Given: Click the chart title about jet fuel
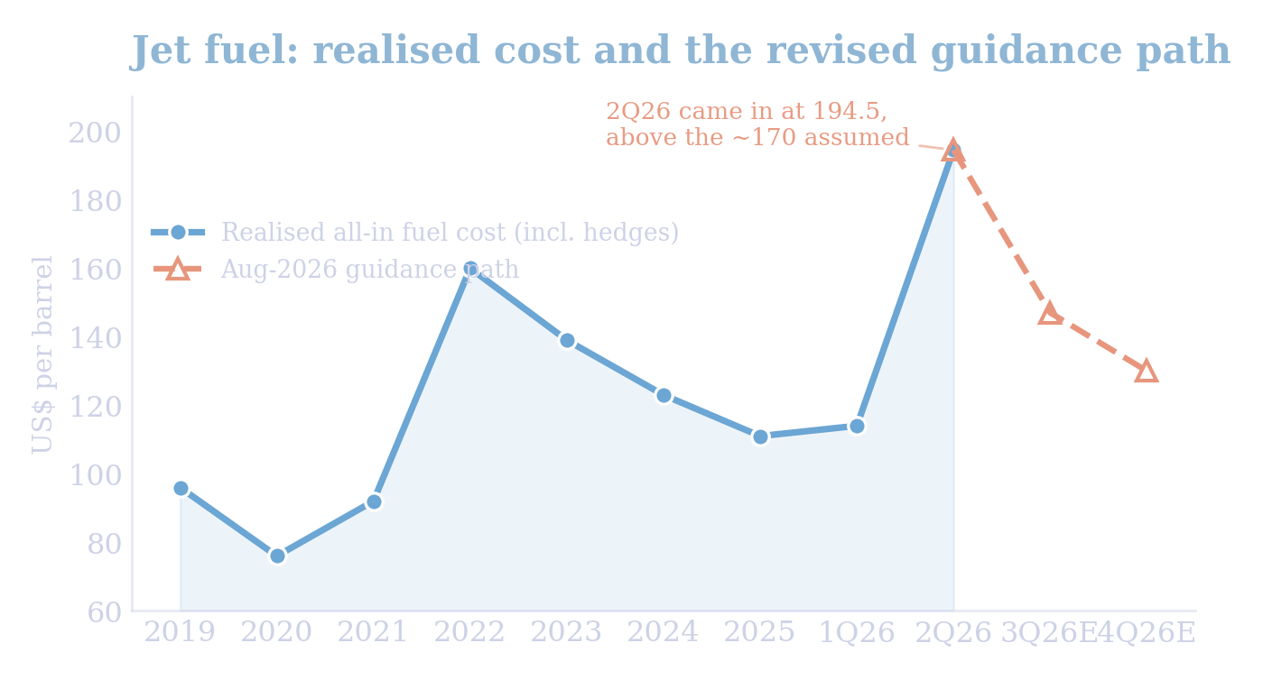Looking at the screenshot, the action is click(680, 51).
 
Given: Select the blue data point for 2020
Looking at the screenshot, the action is click(277, 556).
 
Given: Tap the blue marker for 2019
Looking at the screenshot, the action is click(181, 489).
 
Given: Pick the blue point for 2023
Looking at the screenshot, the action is click(567, 341).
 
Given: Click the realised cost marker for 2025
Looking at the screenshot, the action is click(761, 437).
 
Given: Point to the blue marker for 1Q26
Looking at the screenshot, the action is click(857, 427).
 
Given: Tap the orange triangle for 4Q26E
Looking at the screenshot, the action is click(1147, 372).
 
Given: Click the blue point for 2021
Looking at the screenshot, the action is click(374, 502).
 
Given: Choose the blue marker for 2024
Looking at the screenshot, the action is click(664, 396).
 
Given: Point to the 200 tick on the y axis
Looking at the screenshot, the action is click(95, 133).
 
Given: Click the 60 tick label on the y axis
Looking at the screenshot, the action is click(105, 612).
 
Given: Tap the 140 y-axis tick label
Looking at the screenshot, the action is click(95, 339).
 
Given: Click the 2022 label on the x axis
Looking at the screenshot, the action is click(469, 632).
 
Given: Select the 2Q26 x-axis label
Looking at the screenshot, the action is click(953, 632).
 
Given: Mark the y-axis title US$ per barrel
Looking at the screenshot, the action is click(42, 355).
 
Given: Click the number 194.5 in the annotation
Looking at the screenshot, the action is click(850, 111).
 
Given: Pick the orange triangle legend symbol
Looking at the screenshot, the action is click(178, 269).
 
